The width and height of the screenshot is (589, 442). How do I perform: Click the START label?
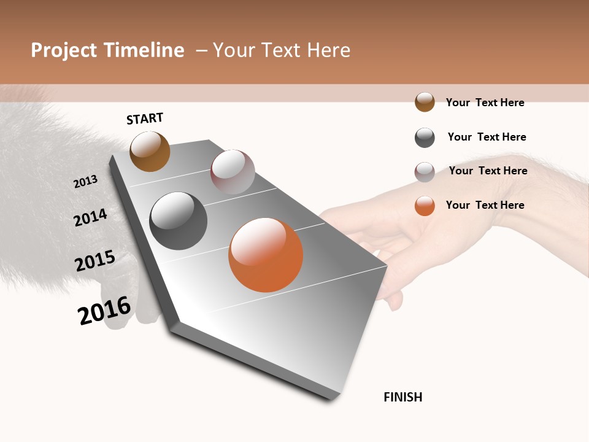(145, 118)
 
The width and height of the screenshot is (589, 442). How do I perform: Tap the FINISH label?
(403, 397)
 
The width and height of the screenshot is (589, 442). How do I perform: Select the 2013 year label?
(86, 182)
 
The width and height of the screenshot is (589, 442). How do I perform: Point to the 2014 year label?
(91, 217)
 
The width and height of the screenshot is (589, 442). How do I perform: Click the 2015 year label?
(95, 261)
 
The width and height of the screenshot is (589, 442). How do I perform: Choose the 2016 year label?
(104, 311)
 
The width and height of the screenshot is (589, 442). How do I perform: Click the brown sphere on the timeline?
(150, 151)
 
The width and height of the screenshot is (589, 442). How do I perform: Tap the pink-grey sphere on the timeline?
(233, 172)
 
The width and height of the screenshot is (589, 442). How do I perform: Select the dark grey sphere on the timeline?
(179, 221)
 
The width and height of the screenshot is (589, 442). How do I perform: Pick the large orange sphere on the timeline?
(266, 255)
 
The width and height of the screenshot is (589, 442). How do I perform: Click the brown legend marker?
(425, 102)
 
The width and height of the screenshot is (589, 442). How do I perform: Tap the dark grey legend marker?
(425, 138)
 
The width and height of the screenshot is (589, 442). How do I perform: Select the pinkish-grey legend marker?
(425, 172)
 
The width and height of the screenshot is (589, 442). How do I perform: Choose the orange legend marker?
(425, 206)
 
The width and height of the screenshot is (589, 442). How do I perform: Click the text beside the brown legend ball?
(485, 103)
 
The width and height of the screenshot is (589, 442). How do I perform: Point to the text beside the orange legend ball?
(485, 205)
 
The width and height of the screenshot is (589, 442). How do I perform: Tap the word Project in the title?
(64, 50)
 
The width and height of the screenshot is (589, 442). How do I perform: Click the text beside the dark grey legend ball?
(487, 137)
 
